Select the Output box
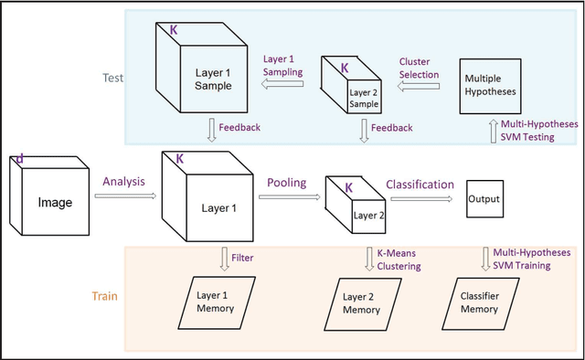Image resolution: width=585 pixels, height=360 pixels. [484, 198]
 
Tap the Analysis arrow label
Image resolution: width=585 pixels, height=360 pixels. [124, 182]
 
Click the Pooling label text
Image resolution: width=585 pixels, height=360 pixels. [286, 183]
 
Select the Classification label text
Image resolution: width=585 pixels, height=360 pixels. [420, 184]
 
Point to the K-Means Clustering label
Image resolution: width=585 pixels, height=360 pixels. [394, 260]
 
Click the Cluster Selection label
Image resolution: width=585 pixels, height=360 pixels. [420, 69]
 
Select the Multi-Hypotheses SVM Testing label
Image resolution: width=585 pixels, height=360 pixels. [540, 129]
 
